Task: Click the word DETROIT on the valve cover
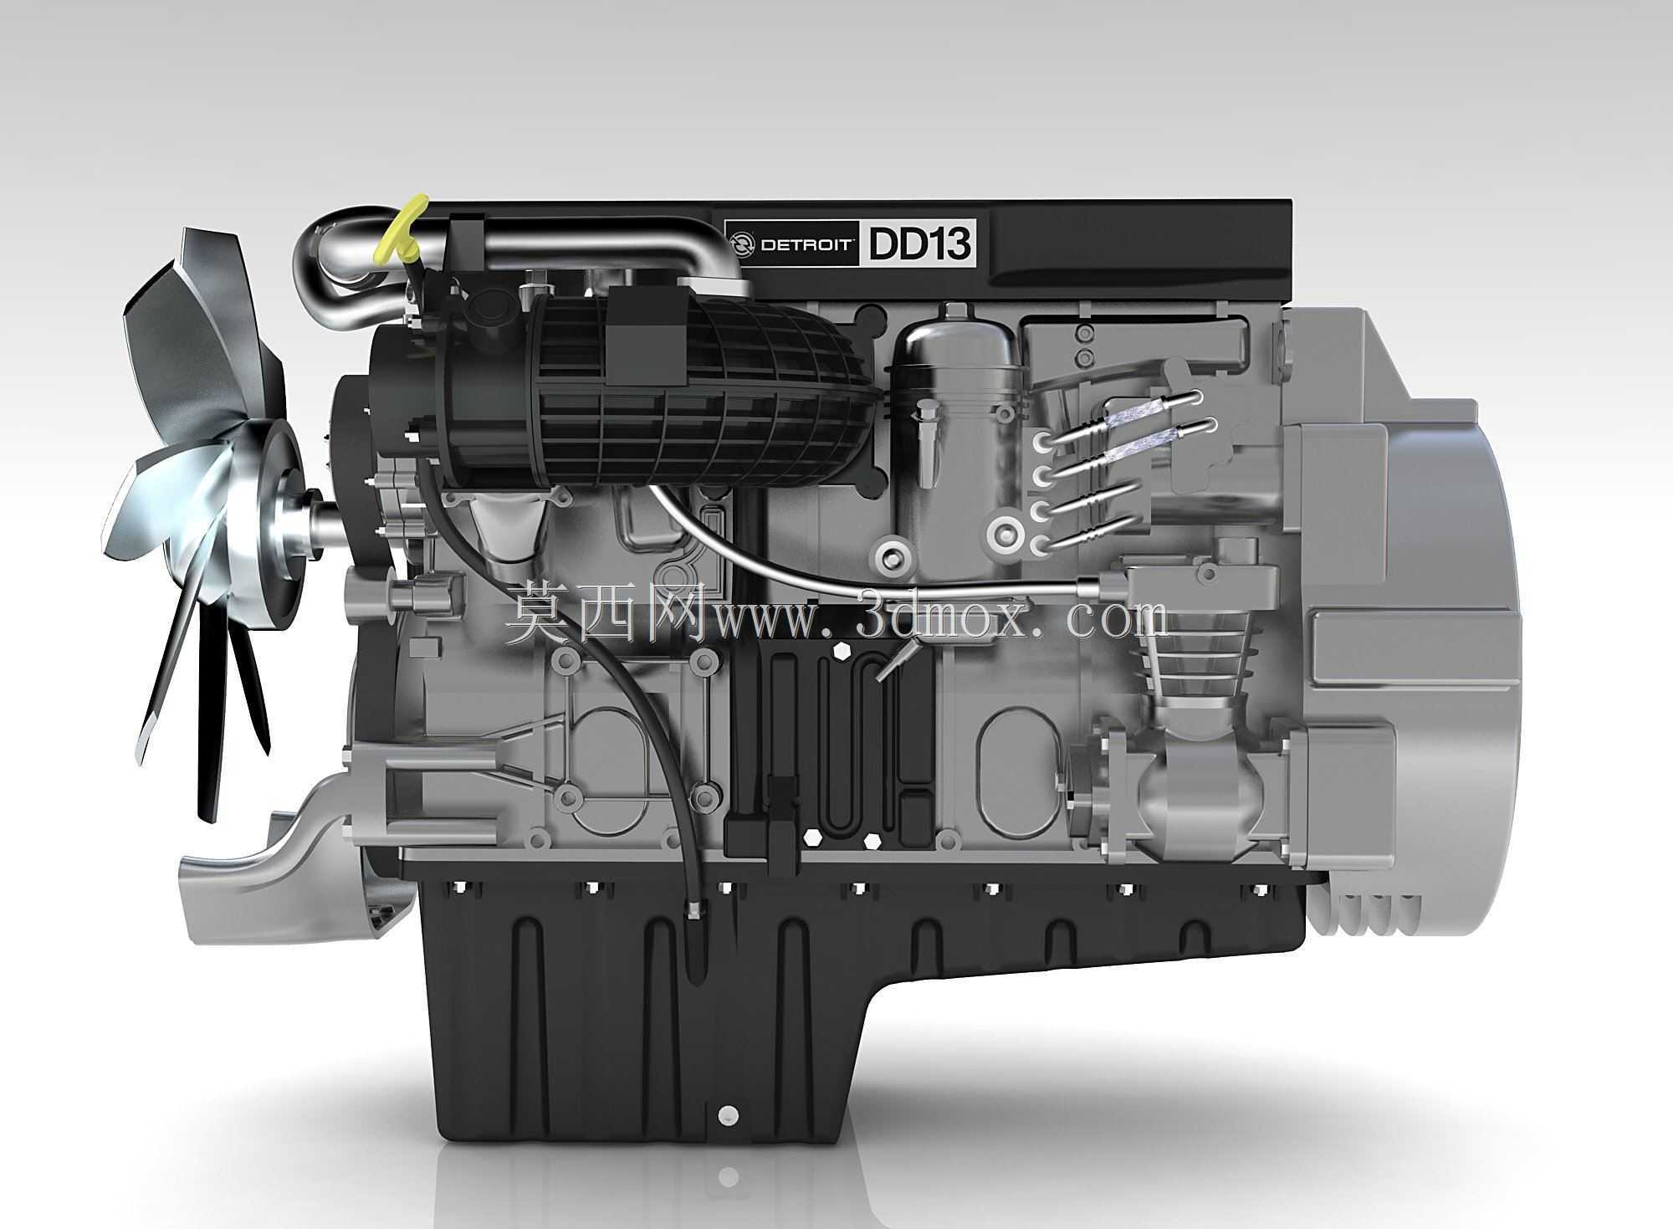pos(806,245)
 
